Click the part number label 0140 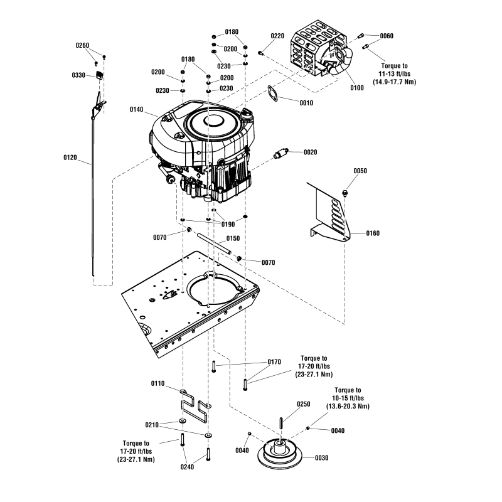pyautogui.click(x=137, y=110)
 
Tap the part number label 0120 pyautogui.click(x=70, y=158)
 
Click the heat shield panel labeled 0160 pyautogui.click(x=329, y=213)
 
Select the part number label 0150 pyautogui.click(x=233, y=238)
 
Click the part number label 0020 pyautogui.click(x=310, y=152)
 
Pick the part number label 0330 pyautogui.click(x=79, y=75)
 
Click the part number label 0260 pyautogui.click(x=83, y=45)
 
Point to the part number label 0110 pyautogui.click(x=158, y=383)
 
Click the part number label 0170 pyautogui.click(x=274, y=362)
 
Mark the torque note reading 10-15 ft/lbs pyautogui.click(x=348, y=398)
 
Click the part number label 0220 pyautogui.click(x=277, y=36)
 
